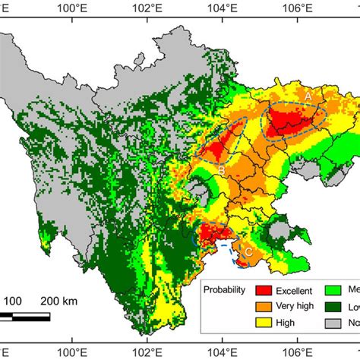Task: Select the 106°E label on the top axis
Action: tap(297, 8)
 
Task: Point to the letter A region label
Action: tap(308, 97)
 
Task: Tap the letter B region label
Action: tap(221, 169)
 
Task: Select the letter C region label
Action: tap(247, 251)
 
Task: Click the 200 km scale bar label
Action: tap(60, 301)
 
